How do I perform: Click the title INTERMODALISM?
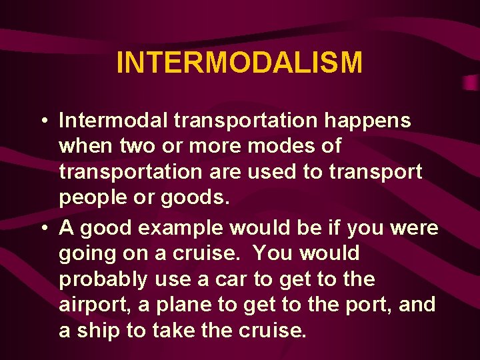pyautogui.click(x=239, y=63)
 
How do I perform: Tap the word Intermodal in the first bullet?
pyautogui.click(x=113, y=121)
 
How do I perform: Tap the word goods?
pyautogui.click(x=201, y=197)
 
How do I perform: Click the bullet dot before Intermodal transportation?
pyautogui.click(x=42, y=121)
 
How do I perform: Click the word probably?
pyautogui.click(x=103, y=279)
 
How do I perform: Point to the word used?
pyautogui.click(x=274, y=171)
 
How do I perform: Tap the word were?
pyautogui.click(x=414, y=228)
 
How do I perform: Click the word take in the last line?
pyautogui.click(x=175, y=330)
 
